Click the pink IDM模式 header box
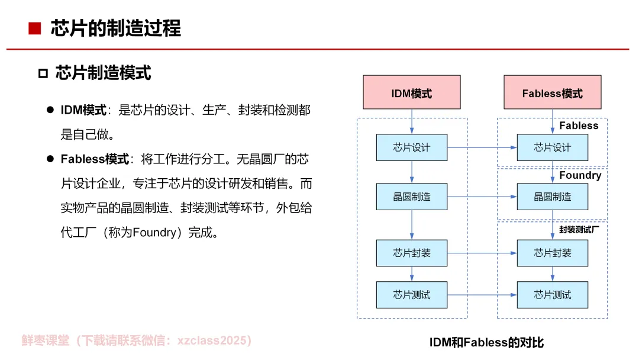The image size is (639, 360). [412, 92]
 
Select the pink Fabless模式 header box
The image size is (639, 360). [552, 92]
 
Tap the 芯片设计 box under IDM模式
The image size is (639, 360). [412, 147]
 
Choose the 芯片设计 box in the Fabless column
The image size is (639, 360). [552, 147]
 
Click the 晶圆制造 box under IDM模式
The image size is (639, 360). [412, 197]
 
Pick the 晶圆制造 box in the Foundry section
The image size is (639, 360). [552, 197]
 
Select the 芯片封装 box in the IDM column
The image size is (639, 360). [412, 253]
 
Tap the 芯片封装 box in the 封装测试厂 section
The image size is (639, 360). [552, 253]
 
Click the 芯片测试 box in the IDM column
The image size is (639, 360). [412, 294]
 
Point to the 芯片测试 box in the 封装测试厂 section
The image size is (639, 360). [552, 294]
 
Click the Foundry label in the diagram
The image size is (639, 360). [580, 175]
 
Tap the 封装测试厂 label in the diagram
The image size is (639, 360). [579, 229]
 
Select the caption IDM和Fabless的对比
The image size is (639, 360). [486, 342]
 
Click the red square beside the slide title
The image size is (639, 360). [35, 28]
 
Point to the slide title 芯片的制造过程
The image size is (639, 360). [116, 28]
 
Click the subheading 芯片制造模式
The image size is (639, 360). [104, 73]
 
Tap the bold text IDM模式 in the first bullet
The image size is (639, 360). [83, 110]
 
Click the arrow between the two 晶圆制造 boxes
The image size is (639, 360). [482, 197]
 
